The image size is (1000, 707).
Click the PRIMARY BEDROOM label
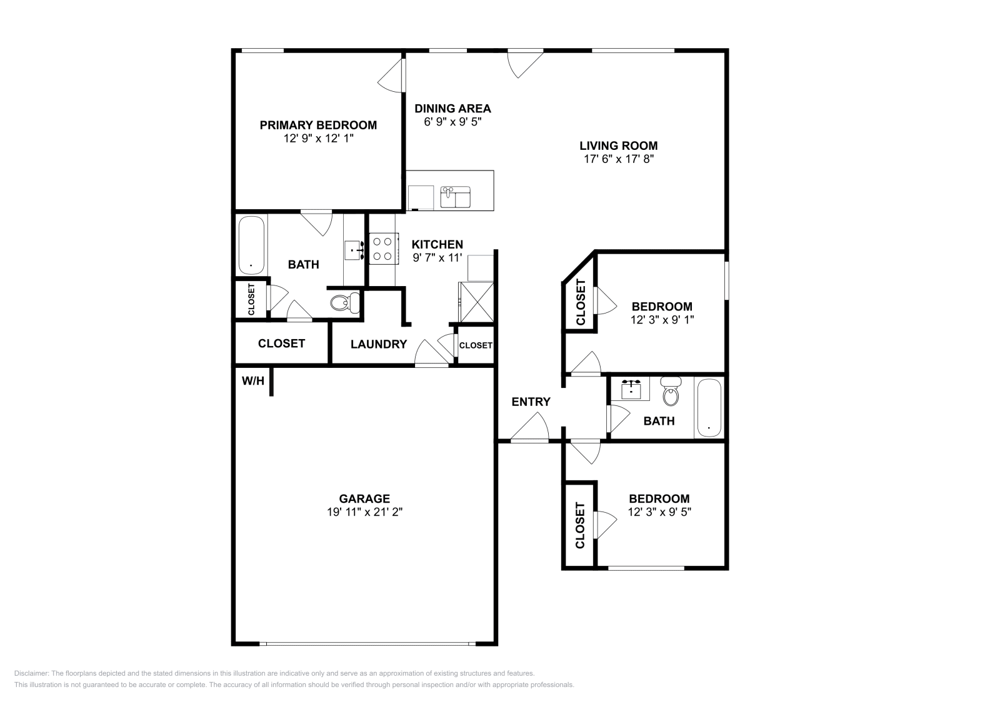point(318,125)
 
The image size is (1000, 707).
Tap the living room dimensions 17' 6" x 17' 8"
point(618,159)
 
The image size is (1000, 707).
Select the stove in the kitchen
point(383,247)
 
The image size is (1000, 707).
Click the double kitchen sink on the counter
point(456,197)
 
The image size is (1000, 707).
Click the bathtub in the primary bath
point(251,245)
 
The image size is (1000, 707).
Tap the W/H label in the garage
point(252,380)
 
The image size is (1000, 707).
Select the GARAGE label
point(364,498)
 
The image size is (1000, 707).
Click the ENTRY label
point(531,402)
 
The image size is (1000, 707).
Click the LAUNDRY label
point(378,344)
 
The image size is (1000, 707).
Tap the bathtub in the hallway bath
point(709,407)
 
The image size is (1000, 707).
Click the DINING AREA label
point(452,109)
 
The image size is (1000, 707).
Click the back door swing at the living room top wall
point(524,63)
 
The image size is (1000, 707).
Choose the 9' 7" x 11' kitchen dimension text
point(437,257)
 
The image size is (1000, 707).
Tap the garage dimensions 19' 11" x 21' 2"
point(364,512)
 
